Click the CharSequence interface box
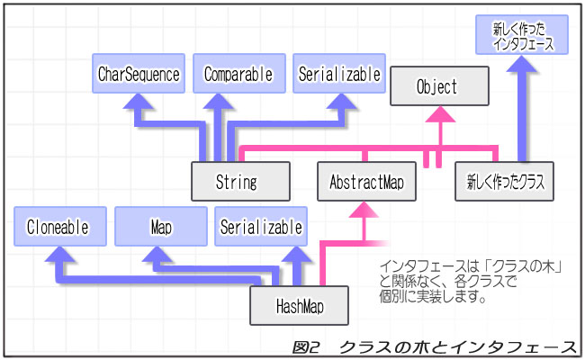139,73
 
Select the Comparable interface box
238,73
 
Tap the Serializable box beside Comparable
338,73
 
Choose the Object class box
438,86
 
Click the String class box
239,181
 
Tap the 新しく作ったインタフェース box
523,36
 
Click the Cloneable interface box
58,226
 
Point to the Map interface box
161,226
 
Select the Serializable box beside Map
261,226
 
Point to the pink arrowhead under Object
439,115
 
